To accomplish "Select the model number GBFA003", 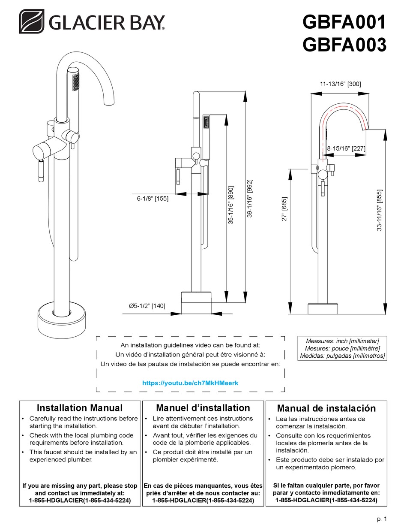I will coord(344,44).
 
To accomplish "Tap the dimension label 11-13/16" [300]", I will coord(341,84).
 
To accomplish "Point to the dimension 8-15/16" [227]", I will coord(346,148).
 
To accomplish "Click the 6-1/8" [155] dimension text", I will coord(147,199).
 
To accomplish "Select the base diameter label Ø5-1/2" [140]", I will coord(147,306).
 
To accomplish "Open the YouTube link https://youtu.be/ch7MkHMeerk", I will coord(190,382).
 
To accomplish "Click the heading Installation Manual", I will coord(80,408).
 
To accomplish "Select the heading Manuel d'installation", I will coord(203,408).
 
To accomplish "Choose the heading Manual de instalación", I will coord(326,408).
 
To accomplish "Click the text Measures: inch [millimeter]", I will coord(342,341).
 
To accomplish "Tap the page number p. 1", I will coord(382,519).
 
